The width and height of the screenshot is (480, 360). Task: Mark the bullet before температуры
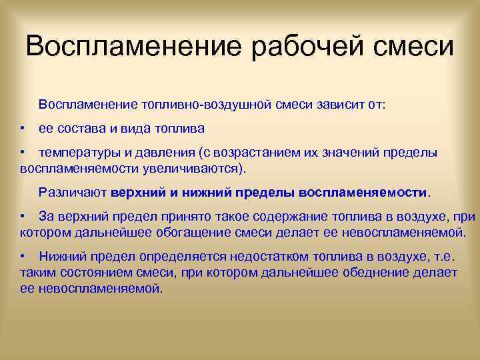(x=23, y=153)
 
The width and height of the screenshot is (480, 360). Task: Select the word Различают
(x=73, y=193)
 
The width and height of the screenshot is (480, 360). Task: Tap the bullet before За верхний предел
(x=23, y=217)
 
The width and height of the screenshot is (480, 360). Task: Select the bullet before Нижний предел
(x=23, y=256)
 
